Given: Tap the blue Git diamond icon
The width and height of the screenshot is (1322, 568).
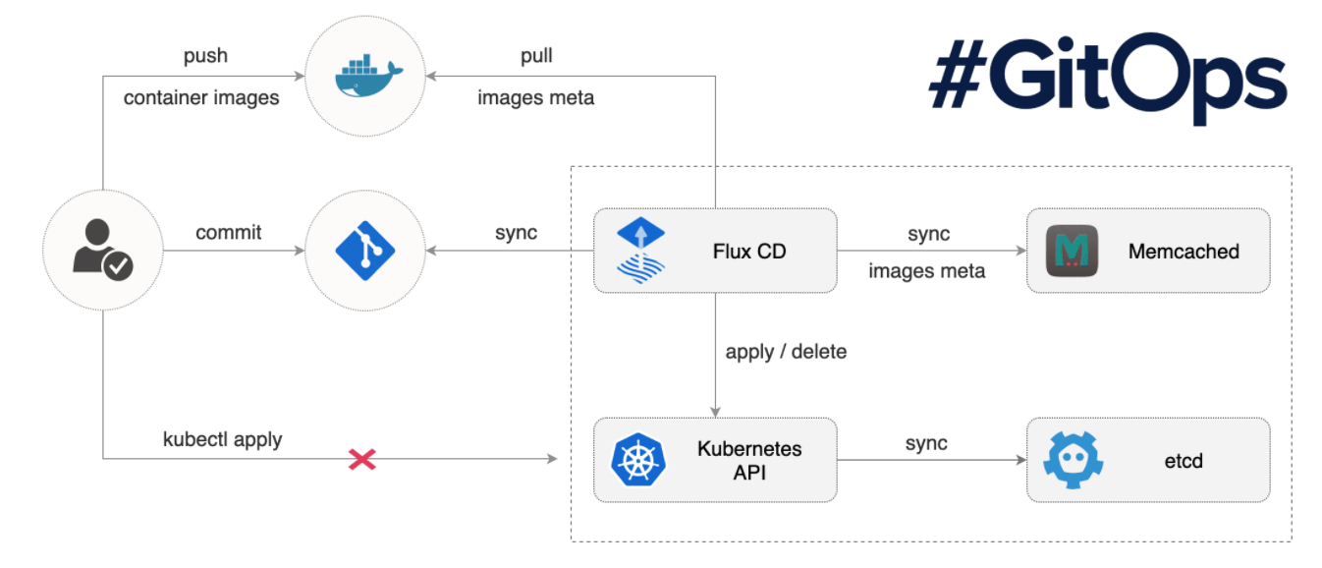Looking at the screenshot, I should pos(364,252).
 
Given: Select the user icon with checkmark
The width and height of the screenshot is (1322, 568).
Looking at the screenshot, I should pos(102,250).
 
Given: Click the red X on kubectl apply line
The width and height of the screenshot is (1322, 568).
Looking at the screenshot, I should pos(362,459).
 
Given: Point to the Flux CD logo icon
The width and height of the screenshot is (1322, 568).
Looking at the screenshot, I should pos(641,251).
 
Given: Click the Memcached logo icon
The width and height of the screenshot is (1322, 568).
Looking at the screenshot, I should pos(1073,252).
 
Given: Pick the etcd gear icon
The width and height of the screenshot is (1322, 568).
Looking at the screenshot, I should pos(1074,459).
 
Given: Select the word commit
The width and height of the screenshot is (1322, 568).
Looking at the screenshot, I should pos(229,234).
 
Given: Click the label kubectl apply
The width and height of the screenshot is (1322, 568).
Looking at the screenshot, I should pos(223,439).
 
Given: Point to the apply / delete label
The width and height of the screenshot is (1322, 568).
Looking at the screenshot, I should pos(786,351).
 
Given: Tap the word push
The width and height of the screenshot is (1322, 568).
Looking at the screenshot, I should pos(205,56).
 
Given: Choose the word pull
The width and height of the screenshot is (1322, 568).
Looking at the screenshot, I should pos(536,56).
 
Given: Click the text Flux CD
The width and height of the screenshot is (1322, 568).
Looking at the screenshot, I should pos(749,252).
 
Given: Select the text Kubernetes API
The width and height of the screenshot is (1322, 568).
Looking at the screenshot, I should pos(749,461).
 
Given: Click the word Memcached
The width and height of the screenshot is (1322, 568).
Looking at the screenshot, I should pos(1184,252).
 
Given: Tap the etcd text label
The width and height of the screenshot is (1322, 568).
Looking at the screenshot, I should pos(1184,460).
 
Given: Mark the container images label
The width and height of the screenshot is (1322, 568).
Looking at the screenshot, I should pos(201,98).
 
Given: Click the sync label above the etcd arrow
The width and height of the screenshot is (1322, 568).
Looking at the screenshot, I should pos(926,443).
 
